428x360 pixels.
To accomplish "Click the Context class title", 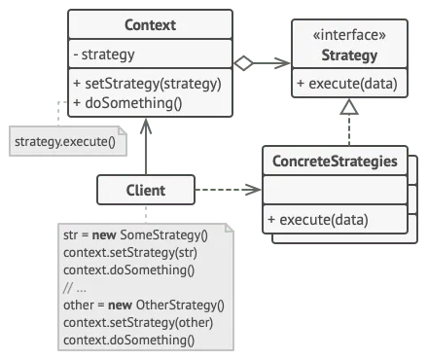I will coord(151,23).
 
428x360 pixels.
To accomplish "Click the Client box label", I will coord(145,191).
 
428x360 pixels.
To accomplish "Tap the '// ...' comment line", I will coord(76,289).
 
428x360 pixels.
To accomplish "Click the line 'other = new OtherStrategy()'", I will coord(142,306).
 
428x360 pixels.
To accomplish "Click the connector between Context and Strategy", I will coord(263,63).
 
